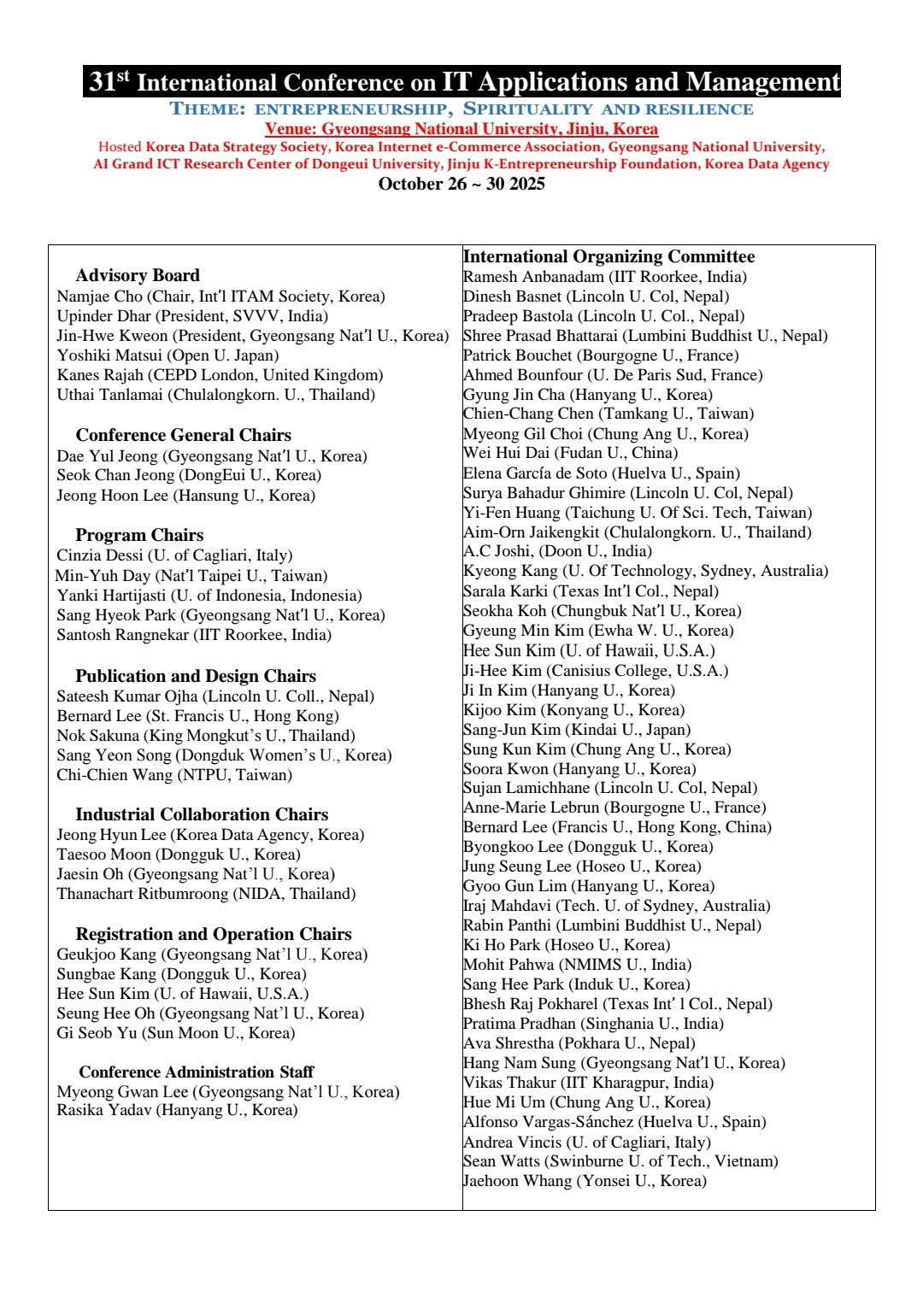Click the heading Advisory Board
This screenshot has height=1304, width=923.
[x=138, y=275]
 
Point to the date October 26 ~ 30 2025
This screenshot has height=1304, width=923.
[x=461, y=184]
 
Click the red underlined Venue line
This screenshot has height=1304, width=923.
[x=461, y=129]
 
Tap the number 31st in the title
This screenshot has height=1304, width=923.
[x=109, y=81]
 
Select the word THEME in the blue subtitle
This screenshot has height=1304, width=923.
[x=208, y=109]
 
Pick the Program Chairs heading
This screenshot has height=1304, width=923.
[x=139, y=535]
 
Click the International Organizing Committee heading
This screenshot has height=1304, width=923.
[x=608, y=256]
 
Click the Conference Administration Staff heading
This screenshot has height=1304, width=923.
[x=196, y=1072]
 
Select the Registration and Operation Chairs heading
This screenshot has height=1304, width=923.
[x=214, y=934]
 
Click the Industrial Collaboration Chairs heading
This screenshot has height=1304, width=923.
[x=202, y=814]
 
